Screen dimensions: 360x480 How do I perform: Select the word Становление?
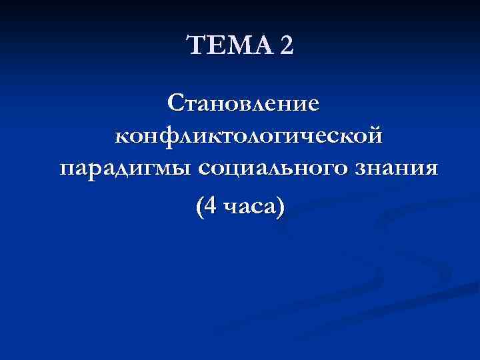244,103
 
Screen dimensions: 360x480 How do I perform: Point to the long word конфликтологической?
249,135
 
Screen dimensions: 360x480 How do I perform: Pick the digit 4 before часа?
210,207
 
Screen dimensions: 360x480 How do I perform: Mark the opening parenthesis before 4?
199,208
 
